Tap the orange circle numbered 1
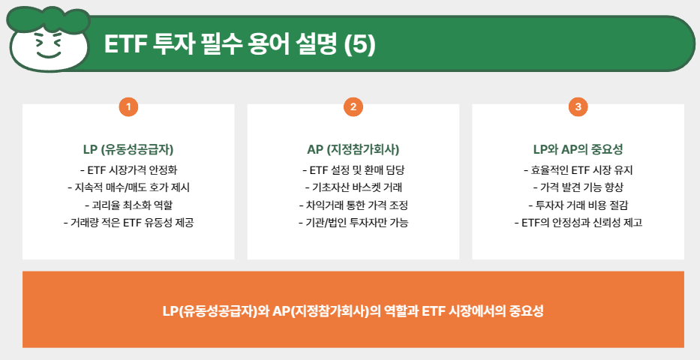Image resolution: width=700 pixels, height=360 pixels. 128,107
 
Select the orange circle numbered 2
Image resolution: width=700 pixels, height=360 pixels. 353,107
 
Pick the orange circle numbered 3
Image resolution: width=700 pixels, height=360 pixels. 577,107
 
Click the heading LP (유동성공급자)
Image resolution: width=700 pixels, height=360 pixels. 128,148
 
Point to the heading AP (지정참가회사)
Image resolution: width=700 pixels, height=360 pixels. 353,148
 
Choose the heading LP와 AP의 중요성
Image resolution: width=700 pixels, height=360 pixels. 577,148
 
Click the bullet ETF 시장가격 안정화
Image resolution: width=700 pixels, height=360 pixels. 128,169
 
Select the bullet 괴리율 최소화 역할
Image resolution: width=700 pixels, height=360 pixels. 128,205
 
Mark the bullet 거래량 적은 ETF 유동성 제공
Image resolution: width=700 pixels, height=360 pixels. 128,223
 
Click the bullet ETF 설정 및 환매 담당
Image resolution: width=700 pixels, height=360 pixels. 353,169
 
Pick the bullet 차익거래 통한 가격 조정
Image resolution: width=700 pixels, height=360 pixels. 353,205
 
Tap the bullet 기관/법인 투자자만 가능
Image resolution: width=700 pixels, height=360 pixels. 353,223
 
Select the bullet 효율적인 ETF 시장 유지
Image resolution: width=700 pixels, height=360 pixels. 577,169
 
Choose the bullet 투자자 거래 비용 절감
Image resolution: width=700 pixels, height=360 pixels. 577,205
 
